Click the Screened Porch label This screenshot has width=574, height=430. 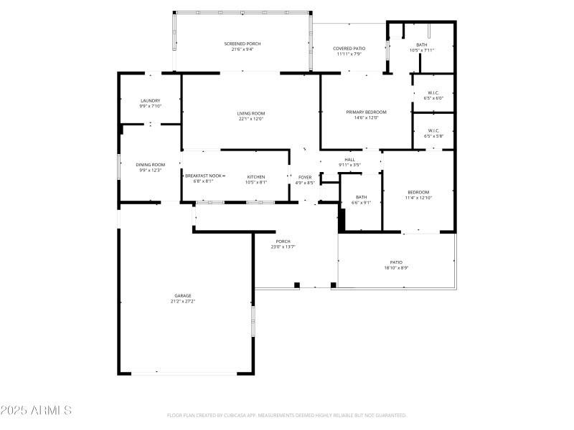[243, 44]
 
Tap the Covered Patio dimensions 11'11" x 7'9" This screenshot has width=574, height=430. [349, 54]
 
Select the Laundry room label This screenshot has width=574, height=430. [151, 101]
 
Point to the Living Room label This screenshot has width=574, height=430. [251, 113]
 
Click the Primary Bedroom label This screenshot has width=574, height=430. [366, 113]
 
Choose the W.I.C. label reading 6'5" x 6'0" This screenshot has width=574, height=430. [434, 98]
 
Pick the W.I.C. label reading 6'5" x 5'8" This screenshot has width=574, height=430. [434, 136]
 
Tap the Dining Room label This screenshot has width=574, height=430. [151, 165]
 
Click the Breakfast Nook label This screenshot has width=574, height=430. [204, 176]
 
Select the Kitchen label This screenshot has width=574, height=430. [256, 176]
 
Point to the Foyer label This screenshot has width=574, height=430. [305, 176]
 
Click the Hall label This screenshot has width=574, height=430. [349, 160]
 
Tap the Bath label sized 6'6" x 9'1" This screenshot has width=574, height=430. [361, 198]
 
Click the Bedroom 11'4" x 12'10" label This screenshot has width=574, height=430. [418, 192]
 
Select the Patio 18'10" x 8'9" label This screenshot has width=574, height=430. [396, 262]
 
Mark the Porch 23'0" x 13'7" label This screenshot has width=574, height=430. [283, 242]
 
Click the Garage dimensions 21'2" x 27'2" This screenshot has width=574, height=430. [183, 302]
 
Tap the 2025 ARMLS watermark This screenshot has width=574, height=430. [36, 411]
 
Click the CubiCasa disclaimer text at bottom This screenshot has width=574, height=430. [287, 415]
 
